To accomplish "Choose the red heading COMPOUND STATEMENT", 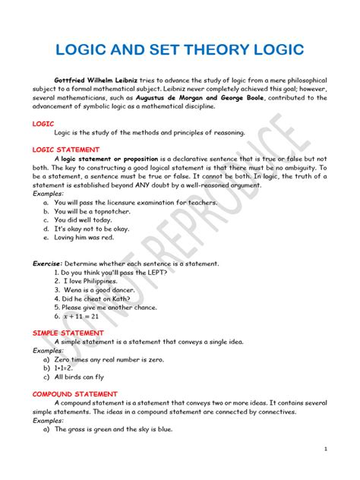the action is (74, 394).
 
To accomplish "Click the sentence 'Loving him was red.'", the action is (84, 237).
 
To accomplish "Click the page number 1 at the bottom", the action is (324, 450).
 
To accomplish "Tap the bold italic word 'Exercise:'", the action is (46, 263).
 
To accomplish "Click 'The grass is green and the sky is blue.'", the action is (113, 429).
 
